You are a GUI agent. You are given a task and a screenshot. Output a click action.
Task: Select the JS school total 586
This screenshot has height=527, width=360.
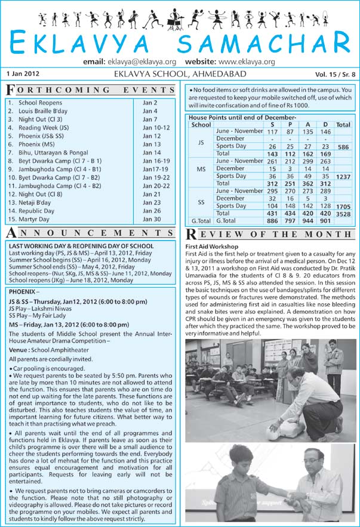(343, 146)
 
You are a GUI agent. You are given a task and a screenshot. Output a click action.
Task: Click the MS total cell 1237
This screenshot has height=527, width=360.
(343, 177)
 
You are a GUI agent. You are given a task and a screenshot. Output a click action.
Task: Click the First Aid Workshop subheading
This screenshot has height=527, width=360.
(212, 246)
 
